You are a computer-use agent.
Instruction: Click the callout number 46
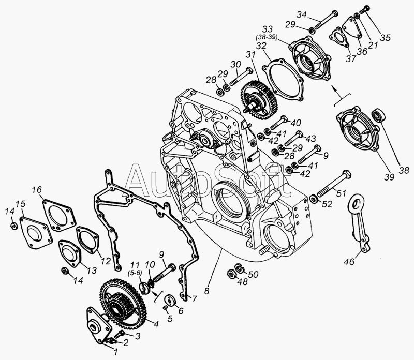[x=350, y=262]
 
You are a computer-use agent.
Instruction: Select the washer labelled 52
[x=313, y=199]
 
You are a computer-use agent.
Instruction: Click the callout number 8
[x=206, y=291]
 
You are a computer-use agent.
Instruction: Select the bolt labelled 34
[x=325, y=21]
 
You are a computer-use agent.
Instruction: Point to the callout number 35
[x=385, y=38]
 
